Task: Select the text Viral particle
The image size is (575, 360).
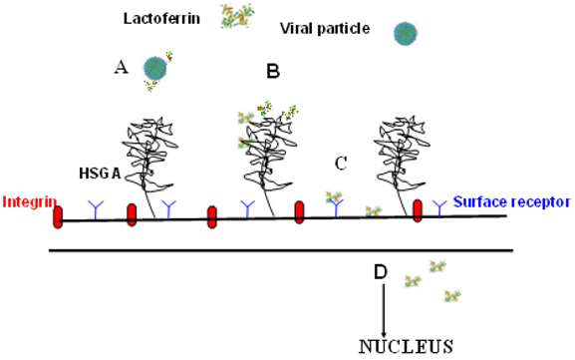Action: click(324, 29)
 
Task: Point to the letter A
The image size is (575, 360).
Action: click(122, 67)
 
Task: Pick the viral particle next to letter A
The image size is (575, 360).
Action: click(155, 68)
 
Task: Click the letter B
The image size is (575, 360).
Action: click(273, 71)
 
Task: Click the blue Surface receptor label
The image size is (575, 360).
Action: click(508, 201)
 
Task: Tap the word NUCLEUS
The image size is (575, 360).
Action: click(406, 346)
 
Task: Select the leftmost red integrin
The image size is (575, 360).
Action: click(59, 214)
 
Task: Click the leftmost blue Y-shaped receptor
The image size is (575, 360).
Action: click(97, 207)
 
